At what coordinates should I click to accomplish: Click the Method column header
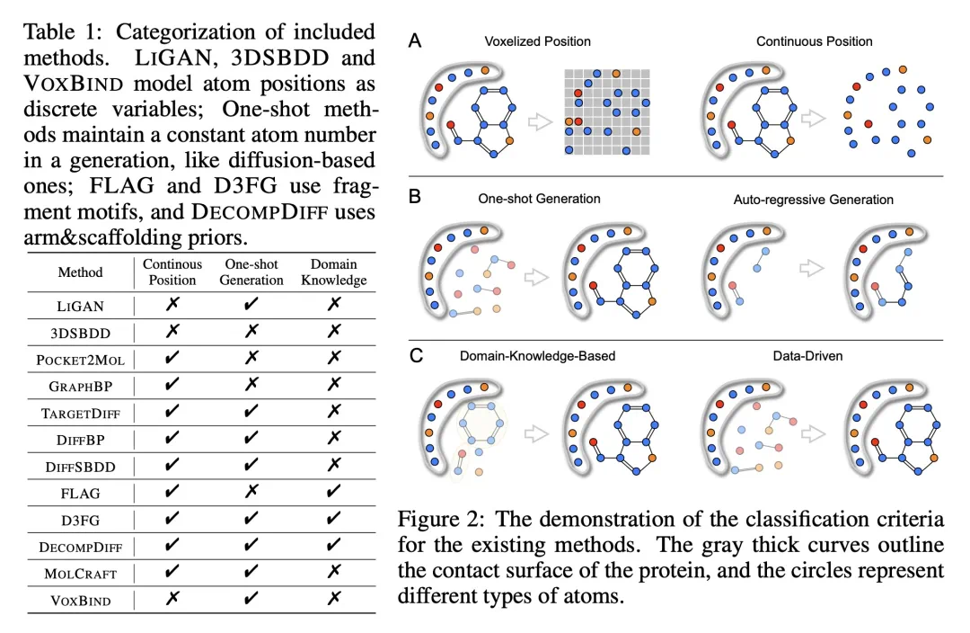point(80,272)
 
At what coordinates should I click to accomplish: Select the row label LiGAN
point(80,306)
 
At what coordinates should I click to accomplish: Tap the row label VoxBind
point(80,600)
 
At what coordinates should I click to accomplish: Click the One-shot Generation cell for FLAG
point(251,493)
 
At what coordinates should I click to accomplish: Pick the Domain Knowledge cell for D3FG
point(334,520)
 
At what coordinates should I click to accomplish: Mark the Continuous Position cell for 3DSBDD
point(172,332)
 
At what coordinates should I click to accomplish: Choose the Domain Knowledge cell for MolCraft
point(334,573)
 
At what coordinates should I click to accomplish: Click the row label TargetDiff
point(80,413)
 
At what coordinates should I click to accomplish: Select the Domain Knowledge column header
point(334,272)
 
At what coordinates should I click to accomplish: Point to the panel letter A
point(414,40)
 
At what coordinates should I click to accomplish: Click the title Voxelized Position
point(537,41)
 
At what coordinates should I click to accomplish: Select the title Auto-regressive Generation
point(813,199)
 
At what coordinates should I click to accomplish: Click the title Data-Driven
point(807,356)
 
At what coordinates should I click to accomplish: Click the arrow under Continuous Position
point(814,118)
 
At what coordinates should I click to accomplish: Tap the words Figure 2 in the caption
point(436,520)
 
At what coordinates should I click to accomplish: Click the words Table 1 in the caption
point(62,32)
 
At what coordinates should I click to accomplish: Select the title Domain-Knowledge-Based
point(537,356)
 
